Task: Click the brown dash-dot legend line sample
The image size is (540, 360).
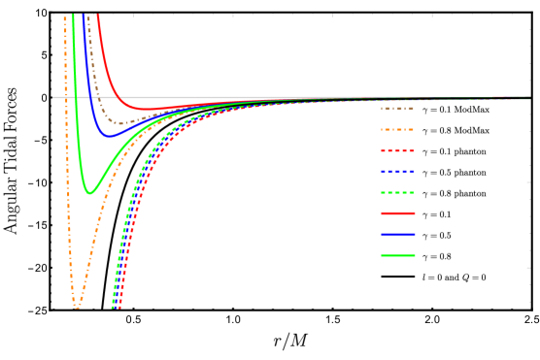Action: pos(397,109)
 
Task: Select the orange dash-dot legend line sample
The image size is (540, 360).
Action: pos(397,129)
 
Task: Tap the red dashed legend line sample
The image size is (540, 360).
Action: pos(397,150)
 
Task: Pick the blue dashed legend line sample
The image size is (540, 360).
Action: pos(397,172)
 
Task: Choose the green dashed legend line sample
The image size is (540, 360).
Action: pos(397,192)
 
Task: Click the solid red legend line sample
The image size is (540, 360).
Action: pos(397,213)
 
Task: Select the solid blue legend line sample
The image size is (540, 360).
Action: pos(397,234)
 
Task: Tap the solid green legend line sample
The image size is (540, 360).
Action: pos(397,255)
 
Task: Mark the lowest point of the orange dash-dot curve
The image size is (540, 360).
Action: pos(77,307)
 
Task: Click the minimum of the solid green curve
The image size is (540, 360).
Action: pos(89,193)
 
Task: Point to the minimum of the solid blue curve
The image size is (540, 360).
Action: pos(108,136)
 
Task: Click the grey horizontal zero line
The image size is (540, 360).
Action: pos(291,97)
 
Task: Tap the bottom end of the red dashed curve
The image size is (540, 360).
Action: pos(119,308)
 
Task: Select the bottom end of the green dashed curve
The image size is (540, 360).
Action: pos(113,308)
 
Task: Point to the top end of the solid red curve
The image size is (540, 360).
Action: pos(98,16)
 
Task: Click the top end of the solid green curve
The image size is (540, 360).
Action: pos(73,16)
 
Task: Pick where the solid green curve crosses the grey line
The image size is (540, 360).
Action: pos(76,97)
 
